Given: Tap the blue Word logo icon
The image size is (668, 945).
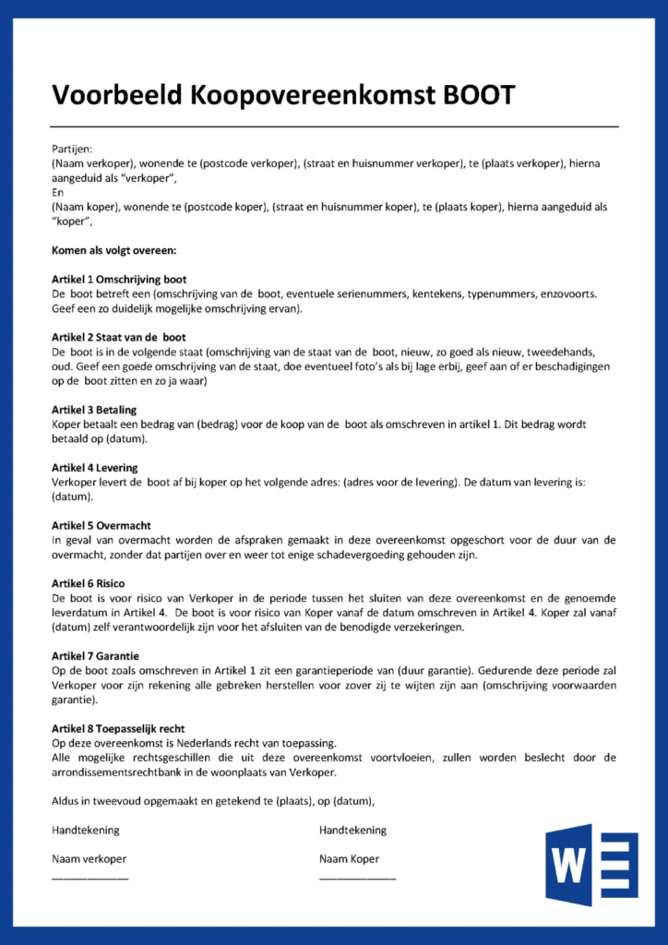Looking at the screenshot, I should [x=591, y=864].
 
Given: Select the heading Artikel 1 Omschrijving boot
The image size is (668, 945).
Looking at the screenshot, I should [x=119, y=279].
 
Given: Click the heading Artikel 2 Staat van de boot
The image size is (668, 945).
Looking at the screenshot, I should [x=119, y=338].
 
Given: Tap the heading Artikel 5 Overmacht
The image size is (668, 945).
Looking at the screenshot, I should [x=101, y=525].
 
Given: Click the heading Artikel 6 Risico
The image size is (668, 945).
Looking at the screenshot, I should [x=89, y=583].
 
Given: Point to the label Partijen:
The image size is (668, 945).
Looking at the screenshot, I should [x=72, y=149].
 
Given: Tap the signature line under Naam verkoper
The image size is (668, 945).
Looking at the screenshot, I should [x=90, y=877].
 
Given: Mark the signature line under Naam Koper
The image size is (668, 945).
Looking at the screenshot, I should [x=357, y=877].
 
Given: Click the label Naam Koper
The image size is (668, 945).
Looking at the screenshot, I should [x=349, y=859].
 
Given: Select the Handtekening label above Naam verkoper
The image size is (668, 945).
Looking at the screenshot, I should [x=85, y=830].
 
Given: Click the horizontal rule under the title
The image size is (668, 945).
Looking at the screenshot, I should [x=334, y=126].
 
